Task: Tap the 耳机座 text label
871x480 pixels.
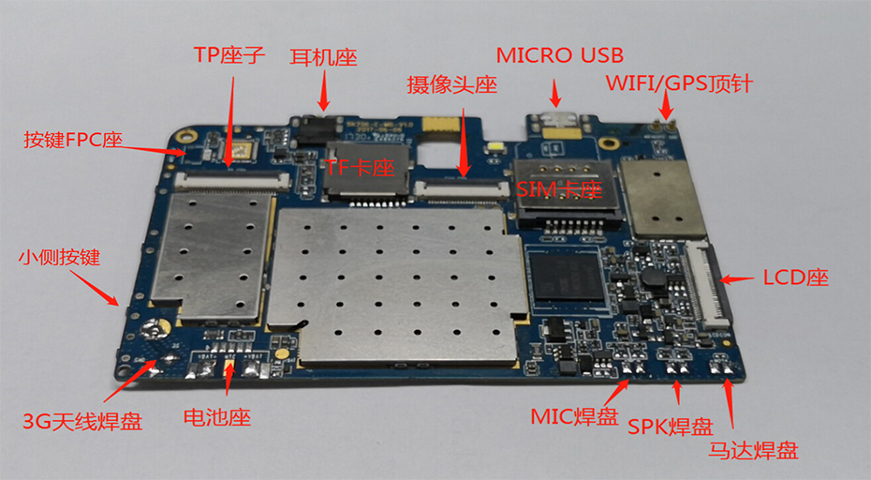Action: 323,56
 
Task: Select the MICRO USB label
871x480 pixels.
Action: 559,55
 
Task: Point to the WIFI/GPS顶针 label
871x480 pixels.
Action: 679,83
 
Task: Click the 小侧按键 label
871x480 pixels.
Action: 60,255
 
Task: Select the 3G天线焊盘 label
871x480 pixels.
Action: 81,421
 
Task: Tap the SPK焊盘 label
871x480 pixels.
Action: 670,427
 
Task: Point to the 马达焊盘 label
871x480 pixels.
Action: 753,451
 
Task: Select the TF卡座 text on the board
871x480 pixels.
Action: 361,168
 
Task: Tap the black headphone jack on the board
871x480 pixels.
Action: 314,130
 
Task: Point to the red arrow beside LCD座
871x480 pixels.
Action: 737,277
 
